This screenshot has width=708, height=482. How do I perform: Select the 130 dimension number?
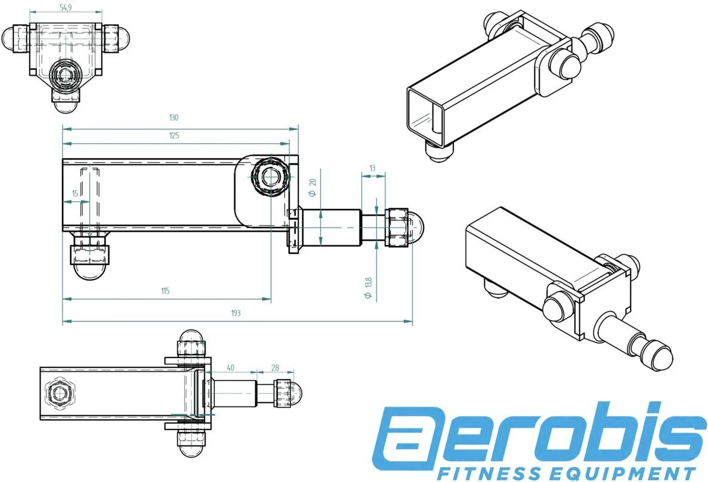pos(174,117)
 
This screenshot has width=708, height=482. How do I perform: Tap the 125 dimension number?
pos(174,135)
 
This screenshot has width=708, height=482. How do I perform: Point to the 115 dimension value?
pos(165,291)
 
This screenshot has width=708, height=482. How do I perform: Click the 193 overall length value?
pos(236,313)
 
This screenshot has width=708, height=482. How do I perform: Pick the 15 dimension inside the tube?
pos(75,193)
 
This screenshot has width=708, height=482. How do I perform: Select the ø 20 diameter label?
pos(313,189)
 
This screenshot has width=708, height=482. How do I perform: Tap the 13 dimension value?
pos(373,169)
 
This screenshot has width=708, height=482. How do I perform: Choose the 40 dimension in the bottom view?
pos(231,368)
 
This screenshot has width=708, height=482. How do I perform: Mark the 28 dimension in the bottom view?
pos(275,368)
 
